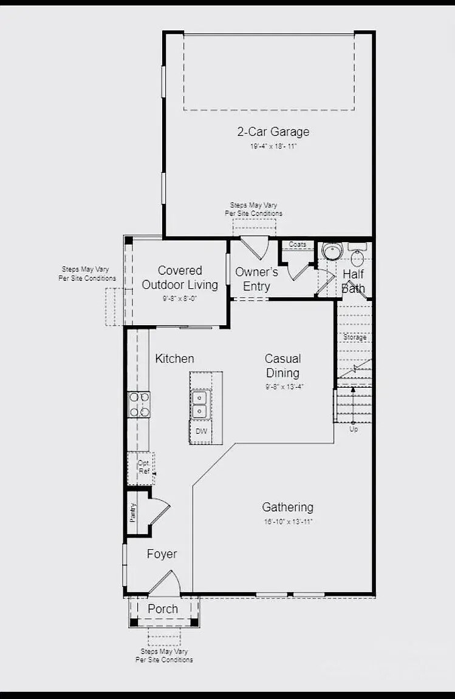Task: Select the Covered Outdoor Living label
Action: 180,278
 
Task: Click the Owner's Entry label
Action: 256,279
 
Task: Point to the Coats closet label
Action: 298,245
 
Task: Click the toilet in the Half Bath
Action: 357,257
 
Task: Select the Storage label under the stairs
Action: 355,337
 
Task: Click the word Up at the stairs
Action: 354,429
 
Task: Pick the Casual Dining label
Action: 282,366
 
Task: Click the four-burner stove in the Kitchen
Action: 139,404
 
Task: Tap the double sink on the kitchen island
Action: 200,404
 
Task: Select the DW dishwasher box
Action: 200,432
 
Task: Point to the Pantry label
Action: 132,513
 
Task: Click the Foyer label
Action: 162,554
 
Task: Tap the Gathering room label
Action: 287,507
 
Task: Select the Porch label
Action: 163,609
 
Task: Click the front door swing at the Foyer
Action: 165,583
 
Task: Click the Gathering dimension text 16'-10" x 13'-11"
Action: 287,522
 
